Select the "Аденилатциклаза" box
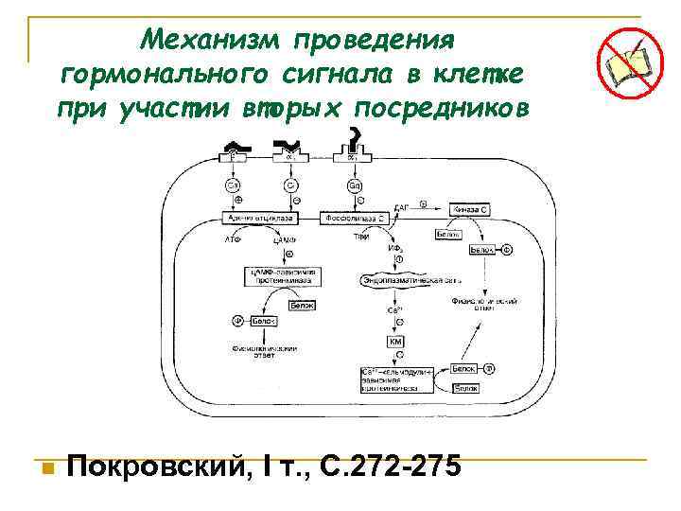(x=258, y=218)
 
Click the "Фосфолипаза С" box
(x=354, y=218)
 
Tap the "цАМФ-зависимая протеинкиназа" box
(x=285, y=276)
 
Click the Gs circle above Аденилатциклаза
(x=232, y=185)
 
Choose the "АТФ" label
(x=233, y=240)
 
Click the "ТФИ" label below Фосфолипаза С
(x=360, y=236)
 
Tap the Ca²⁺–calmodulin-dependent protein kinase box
(x=394, y=377)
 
